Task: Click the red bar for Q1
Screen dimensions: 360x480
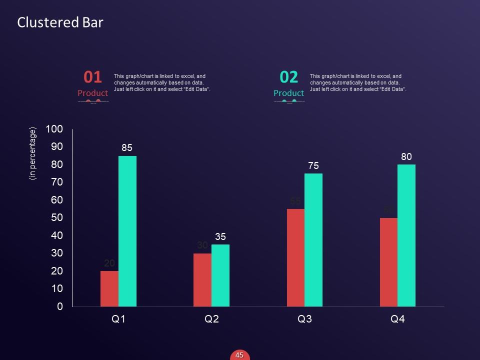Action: [109, 288]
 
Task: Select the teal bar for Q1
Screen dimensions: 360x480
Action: [127, 231]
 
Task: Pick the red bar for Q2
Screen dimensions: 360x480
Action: [202, 279]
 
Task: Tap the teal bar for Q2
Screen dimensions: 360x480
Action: [220, 275]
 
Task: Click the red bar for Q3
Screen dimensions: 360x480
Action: [295, 257]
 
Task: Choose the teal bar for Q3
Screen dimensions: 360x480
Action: [313, 239]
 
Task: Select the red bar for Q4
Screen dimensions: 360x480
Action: [388, 262]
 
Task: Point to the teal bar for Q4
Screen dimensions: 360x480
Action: [406, 235]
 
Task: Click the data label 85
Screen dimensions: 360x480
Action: [127, 148]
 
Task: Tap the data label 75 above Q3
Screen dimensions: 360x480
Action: [313, 166]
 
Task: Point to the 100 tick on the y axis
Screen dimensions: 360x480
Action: [54, 129]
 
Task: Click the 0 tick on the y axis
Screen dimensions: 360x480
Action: [60, 306]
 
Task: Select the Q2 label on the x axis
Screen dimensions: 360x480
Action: [212, 319]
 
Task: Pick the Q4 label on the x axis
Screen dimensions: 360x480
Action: [397, 319]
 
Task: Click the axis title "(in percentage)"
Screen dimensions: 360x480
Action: [33, 153]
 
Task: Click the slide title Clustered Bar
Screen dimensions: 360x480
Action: [60, 22]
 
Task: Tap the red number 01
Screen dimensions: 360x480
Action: [92, 77]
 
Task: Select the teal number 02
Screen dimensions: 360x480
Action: [289, 77]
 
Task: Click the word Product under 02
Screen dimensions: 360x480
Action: [288, 93]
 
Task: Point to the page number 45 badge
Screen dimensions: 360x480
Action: [239, 355]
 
